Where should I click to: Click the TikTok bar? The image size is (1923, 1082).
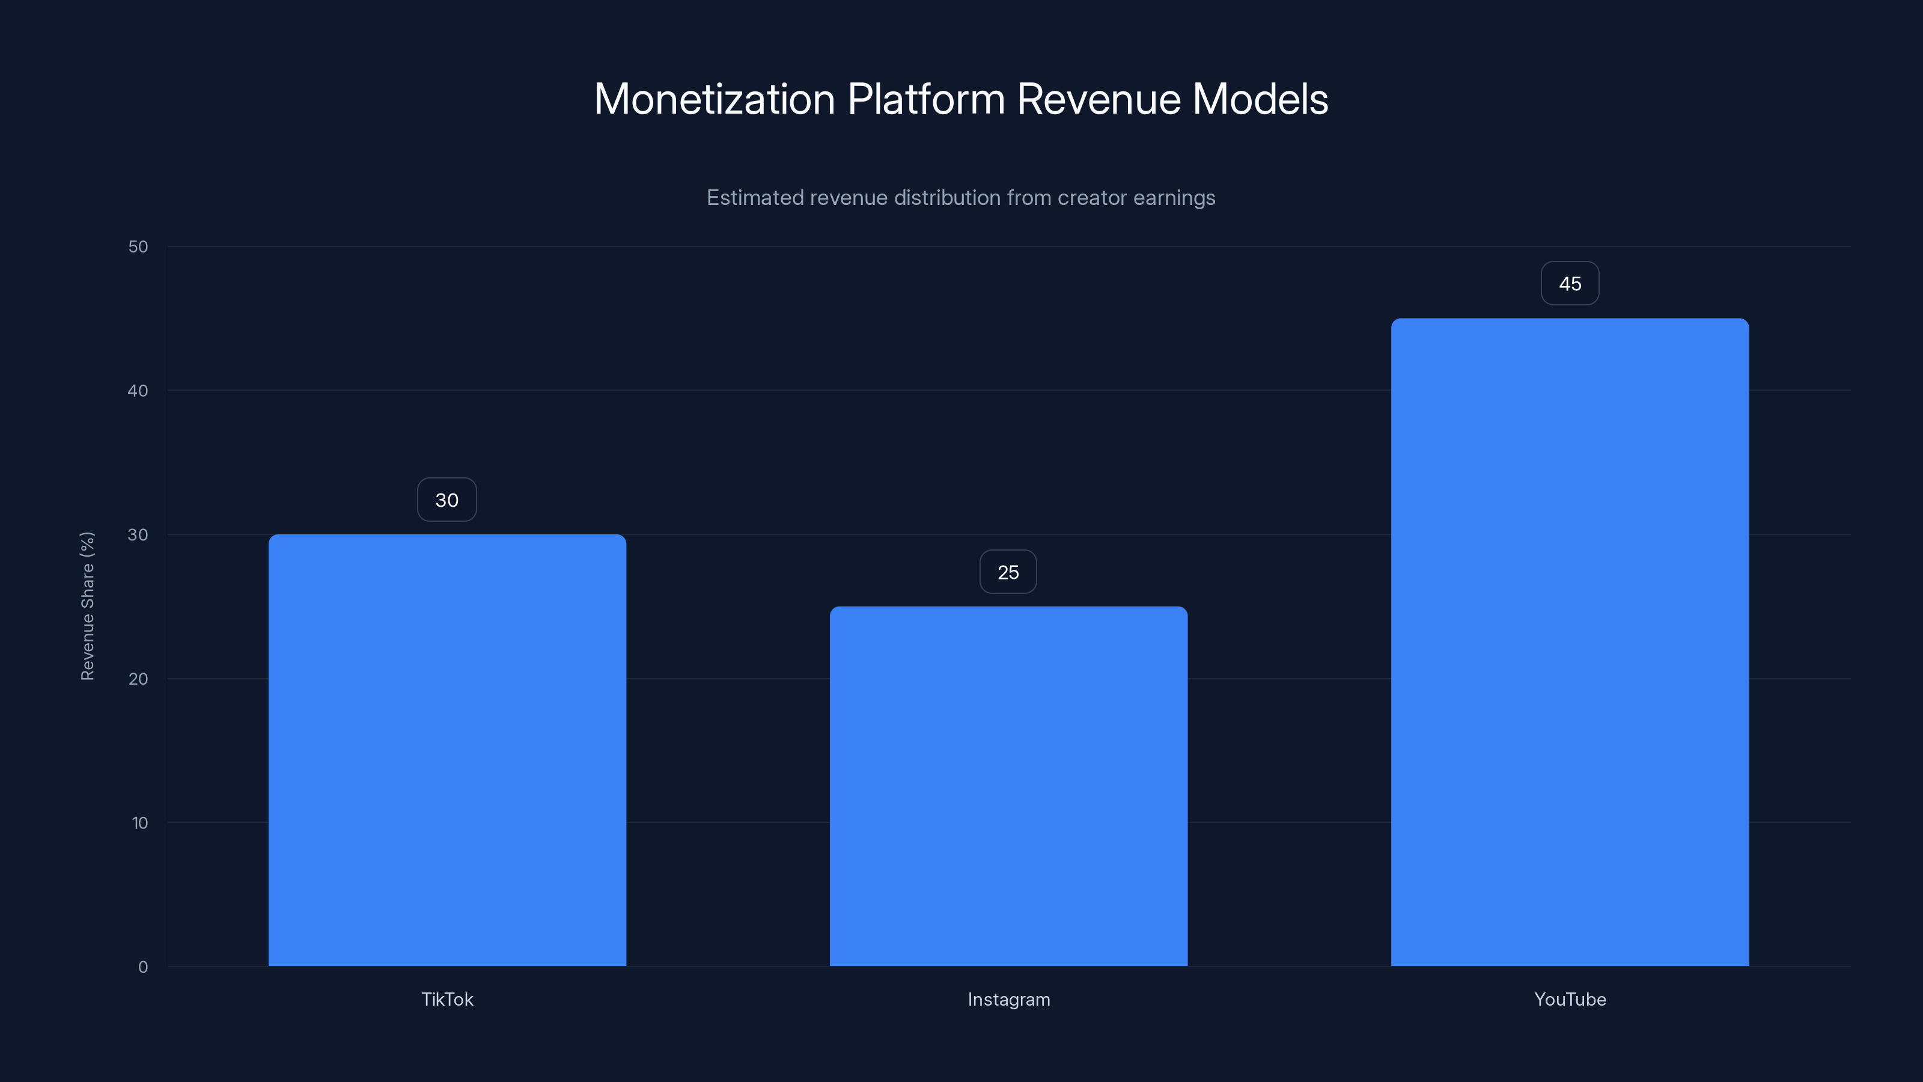[447, 750]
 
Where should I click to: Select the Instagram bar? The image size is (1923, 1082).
[1008, 786]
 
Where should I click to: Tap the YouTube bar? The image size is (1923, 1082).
[1570, 642]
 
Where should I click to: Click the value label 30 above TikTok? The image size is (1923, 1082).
[447, 500]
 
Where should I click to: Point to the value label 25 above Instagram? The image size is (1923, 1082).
[1008, 573]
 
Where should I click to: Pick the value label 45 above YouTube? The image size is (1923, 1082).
[1570, 284]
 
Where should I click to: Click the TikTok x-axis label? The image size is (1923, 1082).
[447, 999]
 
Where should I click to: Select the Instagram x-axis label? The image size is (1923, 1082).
[1008, 999]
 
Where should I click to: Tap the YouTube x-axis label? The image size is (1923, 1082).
[1570, 999]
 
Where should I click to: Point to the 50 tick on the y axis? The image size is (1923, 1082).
[138, 246]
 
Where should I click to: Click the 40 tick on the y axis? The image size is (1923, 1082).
[138, 391]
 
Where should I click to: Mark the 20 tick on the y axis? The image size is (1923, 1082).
[138, 679]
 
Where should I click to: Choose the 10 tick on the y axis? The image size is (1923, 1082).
[139, 823]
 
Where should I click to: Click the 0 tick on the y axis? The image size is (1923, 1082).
[142, 967]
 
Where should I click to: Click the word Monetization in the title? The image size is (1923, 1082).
[714, 99]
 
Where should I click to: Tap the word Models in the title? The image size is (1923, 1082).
[1260, 99]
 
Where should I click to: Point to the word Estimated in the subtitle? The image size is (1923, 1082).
[755, 198]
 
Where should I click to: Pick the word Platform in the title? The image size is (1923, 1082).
[925, 99]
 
